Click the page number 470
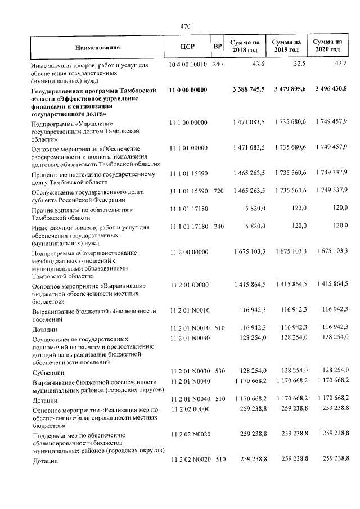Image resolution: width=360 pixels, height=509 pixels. click(186, 25)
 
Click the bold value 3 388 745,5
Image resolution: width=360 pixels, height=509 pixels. click(248, 90)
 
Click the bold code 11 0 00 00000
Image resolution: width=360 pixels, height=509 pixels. click(188, 90)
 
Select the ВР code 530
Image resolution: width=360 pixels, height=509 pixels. click(218, 372)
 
